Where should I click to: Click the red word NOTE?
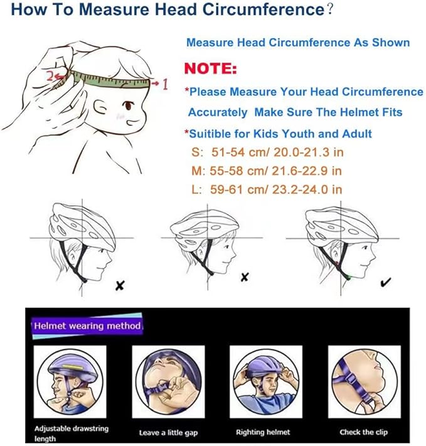coord(211,68)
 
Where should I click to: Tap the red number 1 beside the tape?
coord(164,84)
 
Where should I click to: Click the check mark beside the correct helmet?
coord(386,283)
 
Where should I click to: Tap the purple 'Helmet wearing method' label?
coord(88,326)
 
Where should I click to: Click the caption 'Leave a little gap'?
coord(167,432)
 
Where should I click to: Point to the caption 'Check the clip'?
coord(364,432)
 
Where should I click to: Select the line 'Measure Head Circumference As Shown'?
coord(298,43)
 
